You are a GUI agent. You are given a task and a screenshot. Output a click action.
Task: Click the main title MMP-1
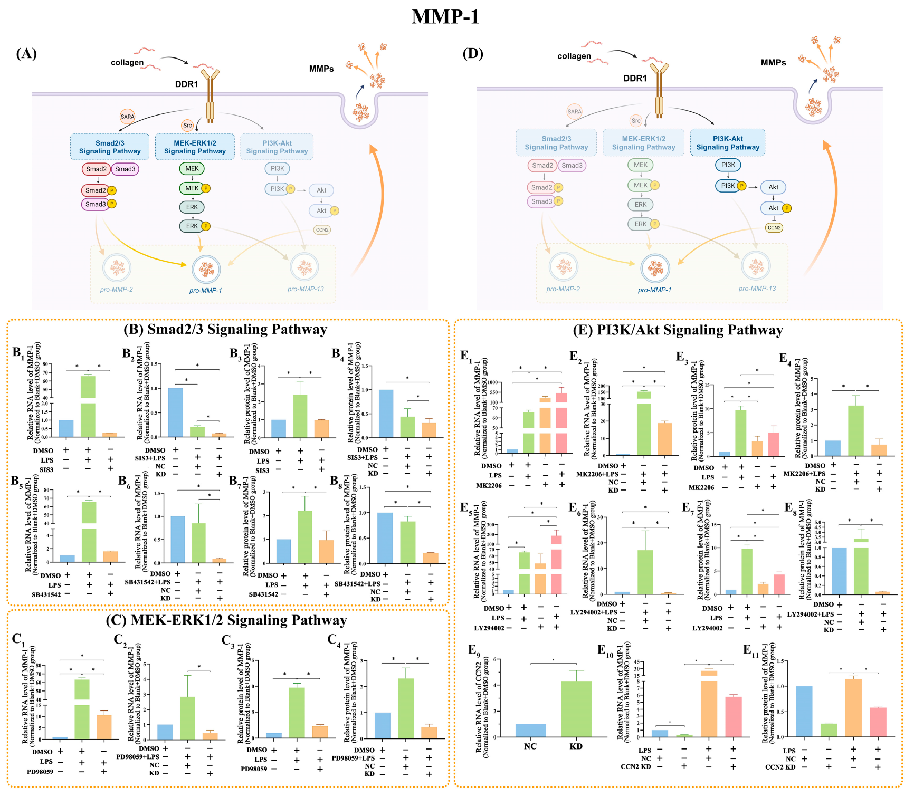tap(445, 17)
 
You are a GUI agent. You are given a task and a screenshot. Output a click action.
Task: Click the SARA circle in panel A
tap(127, 117)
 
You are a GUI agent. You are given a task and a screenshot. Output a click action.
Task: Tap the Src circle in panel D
tap(636, 121)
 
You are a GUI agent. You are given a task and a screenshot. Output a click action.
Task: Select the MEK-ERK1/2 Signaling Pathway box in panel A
tap(195, 147)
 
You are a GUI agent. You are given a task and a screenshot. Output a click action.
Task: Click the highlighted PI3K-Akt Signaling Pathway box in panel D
tap(728, 143)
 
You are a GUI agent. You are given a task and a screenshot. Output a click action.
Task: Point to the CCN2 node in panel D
tap(774, 228)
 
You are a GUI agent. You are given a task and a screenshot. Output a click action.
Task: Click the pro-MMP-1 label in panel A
tap(205, 291)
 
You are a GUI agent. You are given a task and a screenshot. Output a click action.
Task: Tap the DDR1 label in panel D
tap(635, 79)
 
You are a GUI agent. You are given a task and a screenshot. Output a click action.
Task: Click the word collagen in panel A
tap(127, 63)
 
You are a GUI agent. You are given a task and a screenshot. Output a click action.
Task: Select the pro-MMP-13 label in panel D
tap(757, 289)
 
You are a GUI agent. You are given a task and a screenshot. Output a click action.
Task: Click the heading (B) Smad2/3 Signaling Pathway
tap(225, 330)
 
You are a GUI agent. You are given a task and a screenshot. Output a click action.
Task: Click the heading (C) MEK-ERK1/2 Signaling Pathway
tap(226, 620)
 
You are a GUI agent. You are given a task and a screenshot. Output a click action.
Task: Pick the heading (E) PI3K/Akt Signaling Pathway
tap(678, 330)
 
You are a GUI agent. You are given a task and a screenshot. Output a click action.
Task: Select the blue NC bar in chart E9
tap(530, 731)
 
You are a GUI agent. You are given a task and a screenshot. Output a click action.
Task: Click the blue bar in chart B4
tap(386, 414)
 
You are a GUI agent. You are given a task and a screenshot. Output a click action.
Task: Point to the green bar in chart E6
tap(645, 572)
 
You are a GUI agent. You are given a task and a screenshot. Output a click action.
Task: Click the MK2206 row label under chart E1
tap(489, 486)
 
